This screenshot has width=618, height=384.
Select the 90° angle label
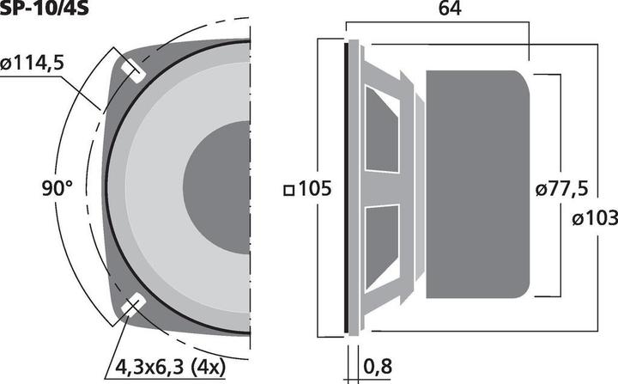pyautogui.click(x=57, y=188)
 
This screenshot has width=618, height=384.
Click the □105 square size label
pyautogui.click(x=306, y=188)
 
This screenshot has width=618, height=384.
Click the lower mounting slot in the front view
pyautogui.click(x=134, y=307)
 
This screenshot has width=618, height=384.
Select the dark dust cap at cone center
pyautogui.click(x=219, y=188)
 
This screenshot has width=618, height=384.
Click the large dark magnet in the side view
pyautogui.click(x=481, y=188)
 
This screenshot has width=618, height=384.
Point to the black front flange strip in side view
pyautogui.click(x=348, y=188)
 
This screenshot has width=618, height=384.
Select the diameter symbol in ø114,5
pyautogui.click(x=6, y=63)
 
